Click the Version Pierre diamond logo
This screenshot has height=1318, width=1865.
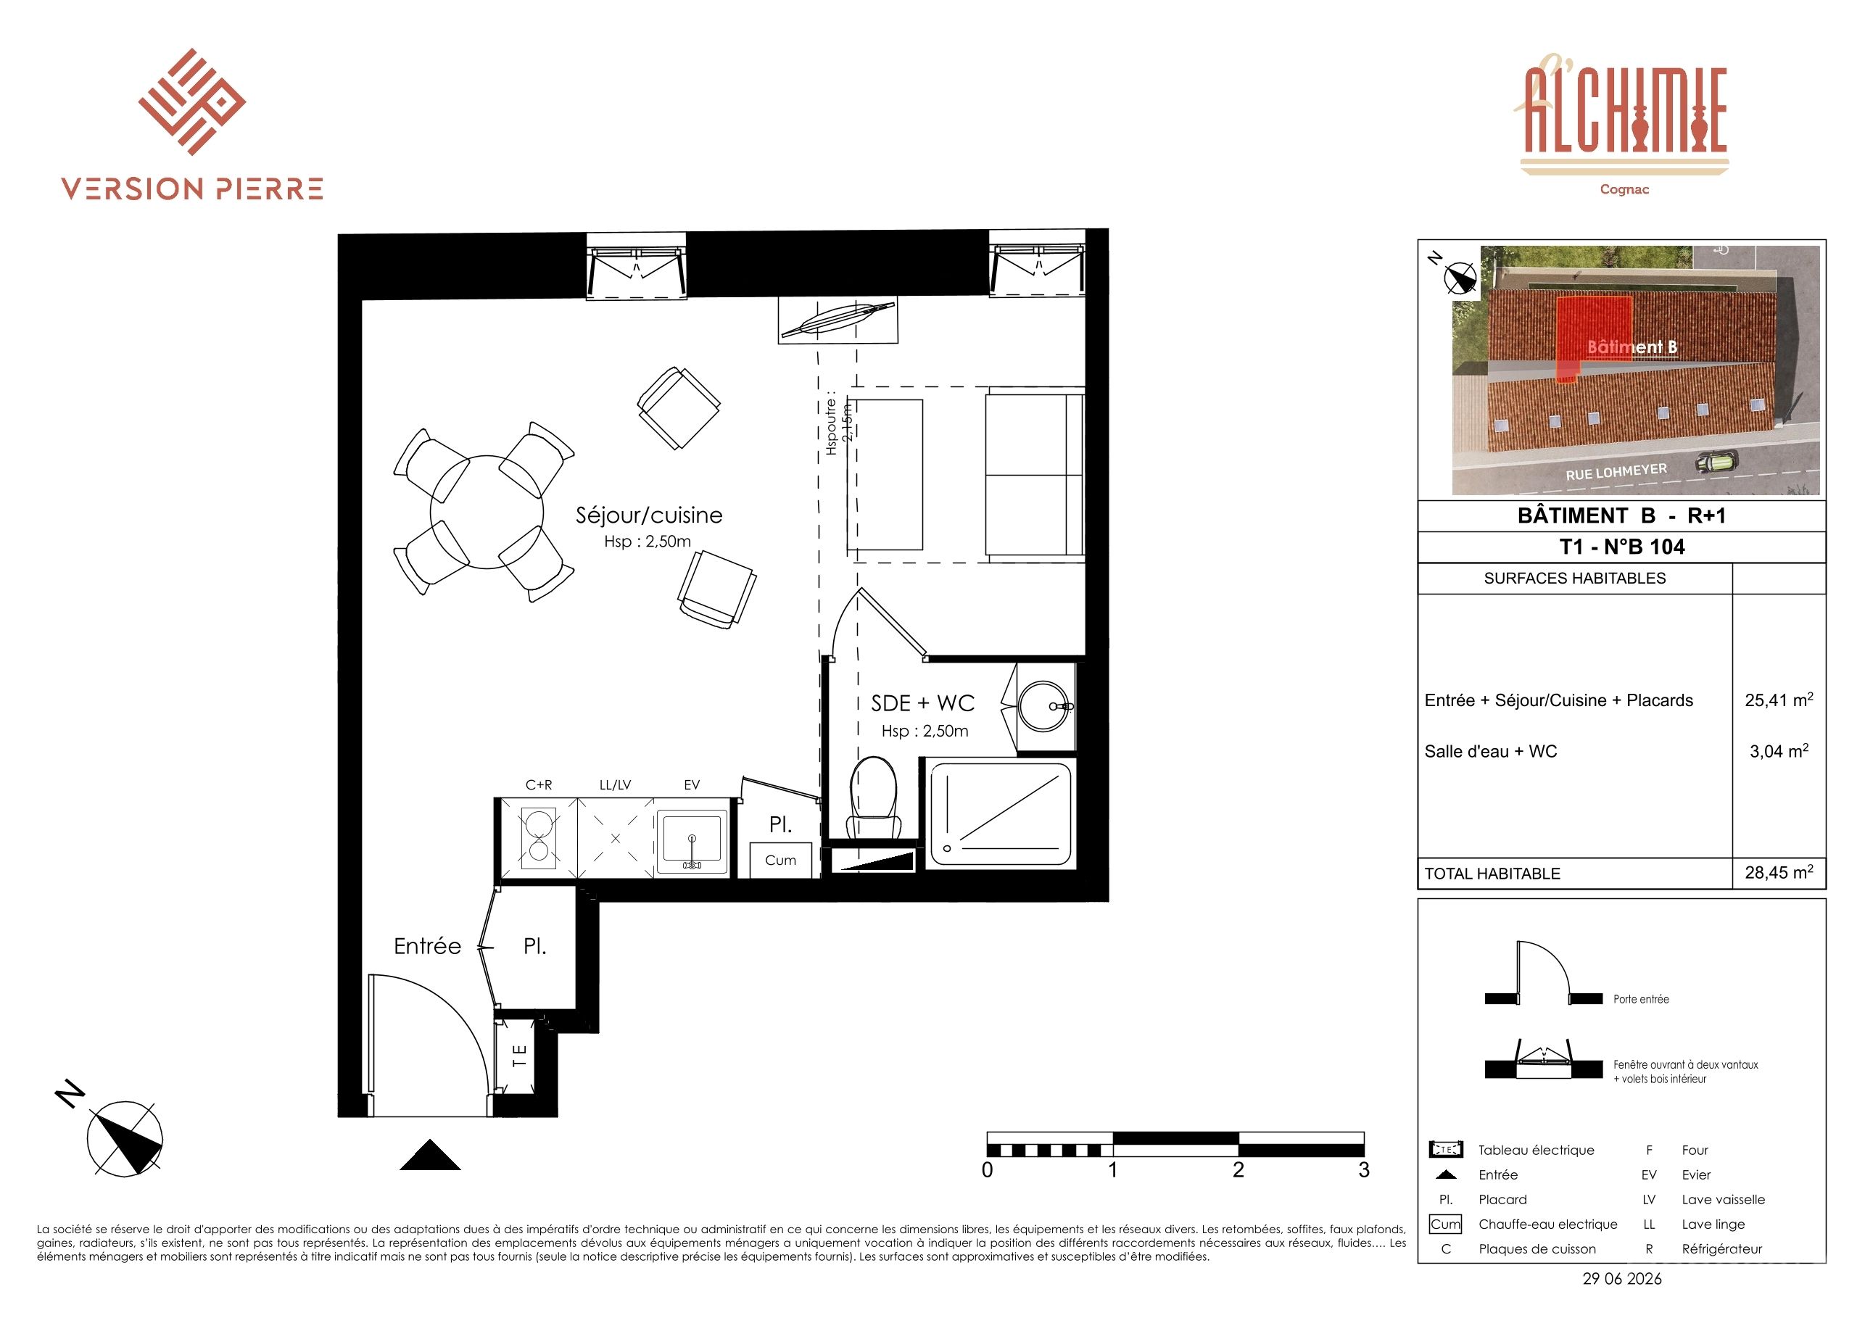[x=191, y=101]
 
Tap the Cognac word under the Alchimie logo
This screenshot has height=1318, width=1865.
[x=1624, y=189]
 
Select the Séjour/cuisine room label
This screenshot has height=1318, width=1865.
[x=649, y=515]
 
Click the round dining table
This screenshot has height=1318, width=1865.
[x=487, y=513]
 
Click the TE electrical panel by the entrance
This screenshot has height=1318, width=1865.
[x=519, y=1056]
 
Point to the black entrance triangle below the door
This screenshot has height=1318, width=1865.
[x=431, y=1155]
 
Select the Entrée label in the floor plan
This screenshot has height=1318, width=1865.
[x=427, y=946]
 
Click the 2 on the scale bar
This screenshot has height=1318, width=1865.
[x=1238, y=1170]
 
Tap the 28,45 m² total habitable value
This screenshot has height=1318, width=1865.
[x=1779, y=872]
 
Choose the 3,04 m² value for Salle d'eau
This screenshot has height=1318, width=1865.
[x=1779, y=750]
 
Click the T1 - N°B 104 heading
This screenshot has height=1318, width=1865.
[x=1622, y=547]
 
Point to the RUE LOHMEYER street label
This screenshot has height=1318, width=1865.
[x=1616, y=472]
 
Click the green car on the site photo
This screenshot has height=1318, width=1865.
[x=1716, y=463]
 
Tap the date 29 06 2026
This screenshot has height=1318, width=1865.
[x=1622, y=1279]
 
